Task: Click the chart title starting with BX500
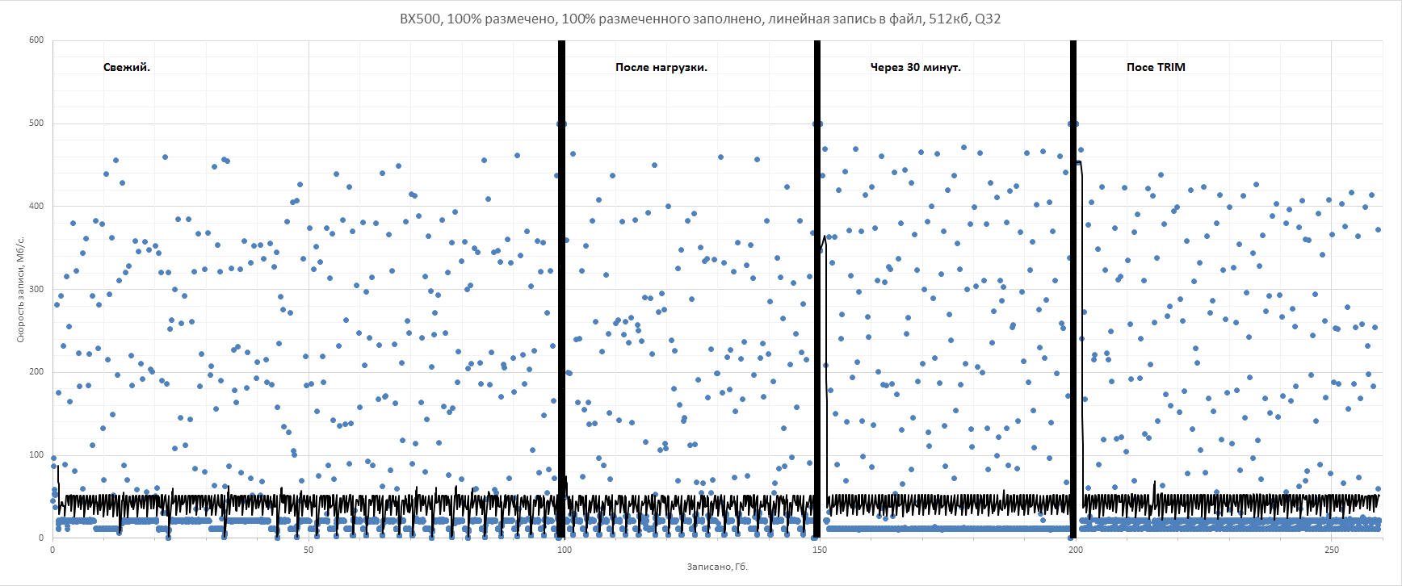tap(699, 19)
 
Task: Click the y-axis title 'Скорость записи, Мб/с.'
tap(21, 289)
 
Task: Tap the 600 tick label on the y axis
tap(36, 40)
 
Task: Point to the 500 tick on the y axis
tap(36, 123)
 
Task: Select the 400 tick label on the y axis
tap(36, 207)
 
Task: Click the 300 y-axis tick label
tap(36, 289)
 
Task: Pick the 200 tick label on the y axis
tap(36, 372)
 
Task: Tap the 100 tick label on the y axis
tap(36, 455)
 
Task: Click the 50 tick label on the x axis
tap(309, 550)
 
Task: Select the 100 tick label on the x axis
tap(564, 550)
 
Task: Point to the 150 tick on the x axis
tap(820, 550)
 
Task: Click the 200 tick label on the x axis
tap(1076, 550)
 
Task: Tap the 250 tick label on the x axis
tap(1331, 550)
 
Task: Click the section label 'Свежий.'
tap(127, 68)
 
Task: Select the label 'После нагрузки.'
tap(661, 68)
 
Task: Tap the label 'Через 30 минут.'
tap(915, 68)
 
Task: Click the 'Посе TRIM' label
tap(1156, 68)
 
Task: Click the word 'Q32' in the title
tap(988, 19)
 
